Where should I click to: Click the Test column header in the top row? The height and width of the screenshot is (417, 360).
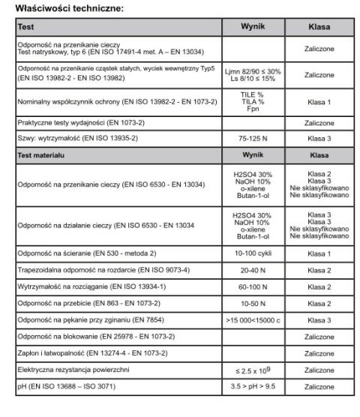(25, 26)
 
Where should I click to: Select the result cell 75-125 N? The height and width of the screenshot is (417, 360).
(253, 139)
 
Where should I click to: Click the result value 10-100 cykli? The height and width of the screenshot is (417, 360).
(253, 254)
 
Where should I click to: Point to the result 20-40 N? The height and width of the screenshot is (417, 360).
(253, 271)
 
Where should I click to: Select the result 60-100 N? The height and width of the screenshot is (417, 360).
(253, 287)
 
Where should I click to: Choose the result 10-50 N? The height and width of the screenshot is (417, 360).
(253, 304)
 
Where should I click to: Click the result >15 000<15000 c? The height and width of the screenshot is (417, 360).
(253, 320)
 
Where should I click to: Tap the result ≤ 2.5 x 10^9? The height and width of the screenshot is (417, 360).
(253, 370)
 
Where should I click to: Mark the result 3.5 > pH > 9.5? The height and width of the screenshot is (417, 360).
(253, 387)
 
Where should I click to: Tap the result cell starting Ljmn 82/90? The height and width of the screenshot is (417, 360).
(253, 76)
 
